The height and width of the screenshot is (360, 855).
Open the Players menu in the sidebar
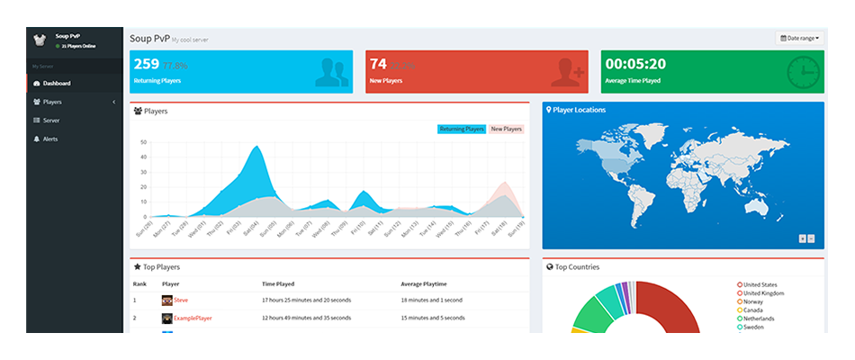52,102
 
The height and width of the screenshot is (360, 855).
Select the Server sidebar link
50,121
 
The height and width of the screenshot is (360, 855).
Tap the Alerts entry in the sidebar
50,139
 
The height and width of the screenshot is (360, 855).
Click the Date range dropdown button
799,39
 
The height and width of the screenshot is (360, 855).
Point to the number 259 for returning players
145,64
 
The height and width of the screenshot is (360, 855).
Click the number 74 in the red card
378,64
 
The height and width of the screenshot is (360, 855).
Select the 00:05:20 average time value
635,64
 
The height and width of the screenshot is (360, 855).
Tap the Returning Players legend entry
462,130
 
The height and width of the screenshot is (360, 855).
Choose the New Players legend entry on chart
506,130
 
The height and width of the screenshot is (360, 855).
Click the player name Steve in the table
181,300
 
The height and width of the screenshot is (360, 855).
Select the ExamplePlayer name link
193,319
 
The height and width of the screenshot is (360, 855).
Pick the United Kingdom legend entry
763,293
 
